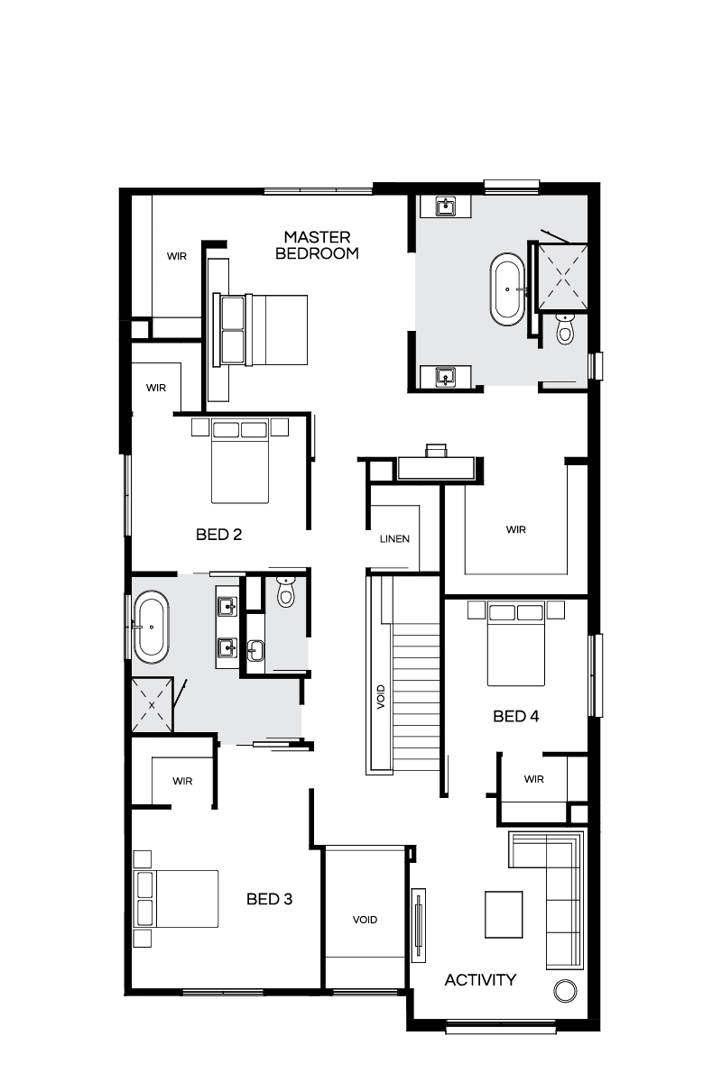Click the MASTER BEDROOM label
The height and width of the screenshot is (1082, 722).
(x=317, y=245)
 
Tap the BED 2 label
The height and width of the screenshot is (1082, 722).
(x=218, y=534)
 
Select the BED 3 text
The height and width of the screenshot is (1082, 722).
(x=269, y=899)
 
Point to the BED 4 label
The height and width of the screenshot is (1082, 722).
(x=515, y=716)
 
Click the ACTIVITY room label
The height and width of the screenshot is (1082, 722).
(x=480, y=979)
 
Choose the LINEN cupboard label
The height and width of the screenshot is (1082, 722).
(x=394, y=538)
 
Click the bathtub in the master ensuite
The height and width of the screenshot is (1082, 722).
(x=507, y=289)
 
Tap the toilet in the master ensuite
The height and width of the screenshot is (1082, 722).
(x=565, y=328)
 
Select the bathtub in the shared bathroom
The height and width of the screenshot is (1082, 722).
(x=152, y=627)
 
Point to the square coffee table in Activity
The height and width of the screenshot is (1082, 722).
(x=504, y=914)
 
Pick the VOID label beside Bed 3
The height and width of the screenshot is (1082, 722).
(x=365, y=920)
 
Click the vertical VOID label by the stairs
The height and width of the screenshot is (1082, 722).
(x=381, y=697)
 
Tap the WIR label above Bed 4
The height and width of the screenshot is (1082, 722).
(x=515, y=529)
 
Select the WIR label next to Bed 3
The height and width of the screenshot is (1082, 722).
(x=182, y=781)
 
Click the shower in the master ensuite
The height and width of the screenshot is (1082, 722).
(x=563, y=277)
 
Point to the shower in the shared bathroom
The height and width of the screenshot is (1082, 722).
(x=152, y=705)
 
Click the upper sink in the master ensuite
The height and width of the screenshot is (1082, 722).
(x=445, y=206)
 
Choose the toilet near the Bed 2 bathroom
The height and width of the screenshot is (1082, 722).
(x=286, y=592)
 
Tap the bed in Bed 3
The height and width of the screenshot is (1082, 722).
(x=176, y=899)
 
